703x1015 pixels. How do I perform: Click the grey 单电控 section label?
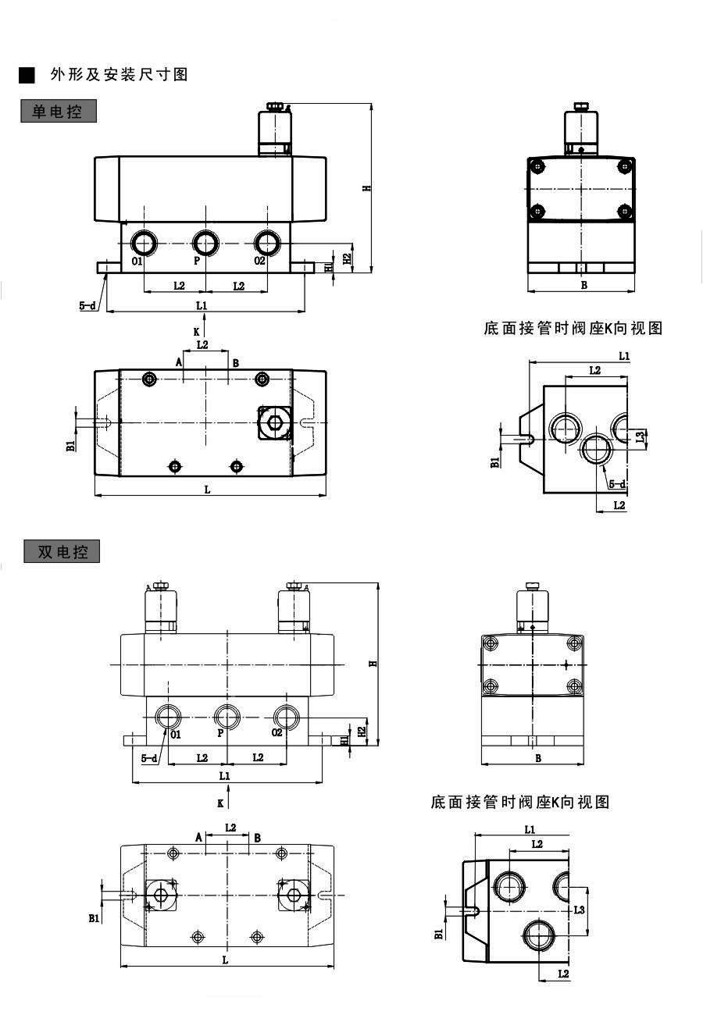[x=59, y=111]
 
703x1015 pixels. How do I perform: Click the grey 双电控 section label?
[x=62, y=551]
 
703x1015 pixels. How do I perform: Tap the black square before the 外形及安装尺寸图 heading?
[x=27, y=75]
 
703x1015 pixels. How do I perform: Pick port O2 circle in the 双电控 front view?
[x=285, y=715]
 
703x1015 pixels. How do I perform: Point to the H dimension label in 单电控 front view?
[x=365, y=188]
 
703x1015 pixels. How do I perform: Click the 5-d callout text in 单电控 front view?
[x=87, y=306]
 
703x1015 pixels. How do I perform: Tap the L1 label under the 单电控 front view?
[x=202, y=304]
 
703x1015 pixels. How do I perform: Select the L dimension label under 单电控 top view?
[x=207, y=490]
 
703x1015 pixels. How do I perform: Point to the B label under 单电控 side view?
[x=583, y=285]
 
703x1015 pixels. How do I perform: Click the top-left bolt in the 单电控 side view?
[x=537, y=166]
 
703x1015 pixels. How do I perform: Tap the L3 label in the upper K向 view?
[x=641, y=436]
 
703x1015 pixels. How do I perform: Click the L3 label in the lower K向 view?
[x=579, y=910]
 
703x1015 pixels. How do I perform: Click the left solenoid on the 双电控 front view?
[x=160, y=609]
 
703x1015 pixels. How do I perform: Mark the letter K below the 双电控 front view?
[x=220, y=802]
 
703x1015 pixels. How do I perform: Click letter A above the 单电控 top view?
[x=179, y=362]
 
